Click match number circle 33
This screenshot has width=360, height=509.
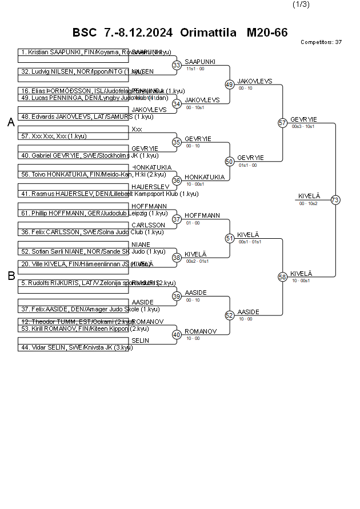(177, 65)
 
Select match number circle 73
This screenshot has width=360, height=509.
(335, 200)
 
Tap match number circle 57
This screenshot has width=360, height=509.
(282, 123)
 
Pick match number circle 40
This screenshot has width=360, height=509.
(177, 335)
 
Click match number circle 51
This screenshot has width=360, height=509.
(230, 238)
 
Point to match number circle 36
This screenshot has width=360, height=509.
(177, 181)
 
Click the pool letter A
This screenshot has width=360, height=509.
(11, 122)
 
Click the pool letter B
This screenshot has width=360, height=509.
(11, 276)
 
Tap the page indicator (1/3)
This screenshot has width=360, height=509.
(301, 5)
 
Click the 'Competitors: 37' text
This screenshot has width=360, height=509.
(321, 42)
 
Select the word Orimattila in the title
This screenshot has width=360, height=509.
(208, 33)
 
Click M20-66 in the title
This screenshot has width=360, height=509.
(267, 33)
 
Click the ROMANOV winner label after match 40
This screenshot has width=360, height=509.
(200, 331)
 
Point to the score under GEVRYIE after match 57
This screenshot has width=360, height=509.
(303, 126)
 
